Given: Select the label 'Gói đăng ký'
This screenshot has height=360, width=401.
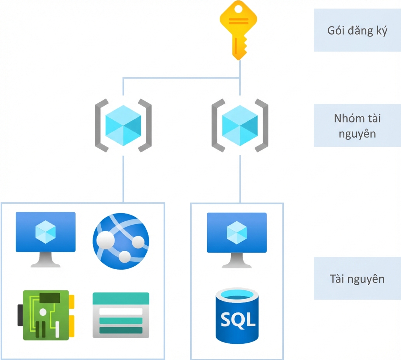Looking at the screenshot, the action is point(357,31).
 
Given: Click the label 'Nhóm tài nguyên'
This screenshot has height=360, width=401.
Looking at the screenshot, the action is point(357,126).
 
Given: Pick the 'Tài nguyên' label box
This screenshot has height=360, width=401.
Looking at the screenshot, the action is point(357,278).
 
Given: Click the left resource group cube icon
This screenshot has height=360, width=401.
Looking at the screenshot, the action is point(123,125).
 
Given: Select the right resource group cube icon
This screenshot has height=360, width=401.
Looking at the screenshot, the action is point(240,125).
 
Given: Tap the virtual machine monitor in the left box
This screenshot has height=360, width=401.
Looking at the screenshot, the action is point(46,239).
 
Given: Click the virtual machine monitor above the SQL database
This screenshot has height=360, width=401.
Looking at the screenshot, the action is point(237,240).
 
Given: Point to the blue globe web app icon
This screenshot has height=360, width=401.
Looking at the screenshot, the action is point(121,241).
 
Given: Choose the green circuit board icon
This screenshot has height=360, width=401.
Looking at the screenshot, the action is point(46,315).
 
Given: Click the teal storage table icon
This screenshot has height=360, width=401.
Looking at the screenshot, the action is point(121,315).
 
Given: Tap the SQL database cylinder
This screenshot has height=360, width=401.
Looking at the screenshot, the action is point(237,316).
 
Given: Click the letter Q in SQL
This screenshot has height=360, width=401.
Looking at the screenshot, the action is point(238,320).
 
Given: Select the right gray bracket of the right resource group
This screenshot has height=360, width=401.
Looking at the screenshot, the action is point(262,125).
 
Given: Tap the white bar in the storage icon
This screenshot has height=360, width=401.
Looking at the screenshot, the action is point(121,311).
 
